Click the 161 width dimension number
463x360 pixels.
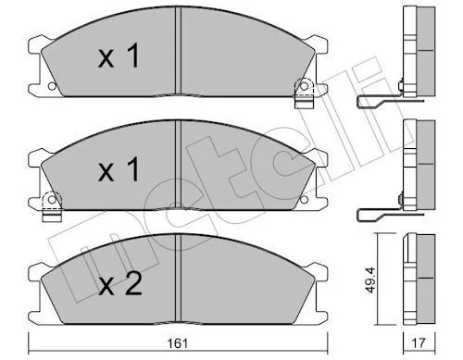(x=178, y=343)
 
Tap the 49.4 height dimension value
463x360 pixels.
(x=371, y=279)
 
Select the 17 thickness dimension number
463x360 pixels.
(x=419, y=343)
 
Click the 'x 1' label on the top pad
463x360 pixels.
(x=119, y=56)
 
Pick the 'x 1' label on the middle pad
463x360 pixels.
(x=119, y=169)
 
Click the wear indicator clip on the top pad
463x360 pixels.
(x=304, y=93)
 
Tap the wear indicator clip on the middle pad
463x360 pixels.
(x=52, y=206)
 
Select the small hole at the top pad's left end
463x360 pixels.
(x=52, y=86)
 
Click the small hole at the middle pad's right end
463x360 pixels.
(x=304, y=200)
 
